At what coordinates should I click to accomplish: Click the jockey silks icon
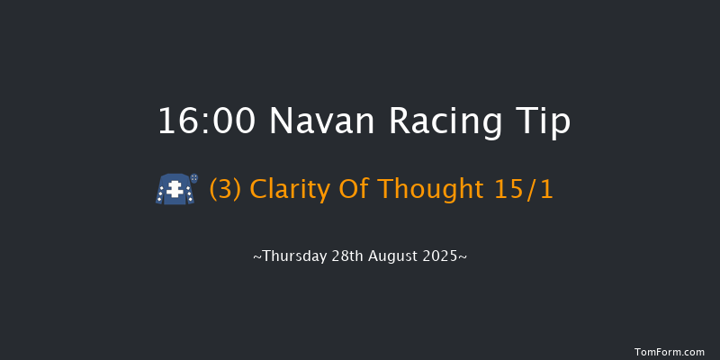(176, 190)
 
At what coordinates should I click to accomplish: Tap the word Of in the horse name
(355, 190)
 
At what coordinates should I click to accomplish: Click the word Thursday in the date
(292, 256)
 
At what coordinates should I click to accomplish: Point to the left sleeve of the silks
(160, 193)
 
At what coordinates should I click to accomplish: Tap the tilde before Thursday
(256, 257)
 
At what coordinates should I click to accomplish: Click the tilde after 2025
(463, 257)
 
